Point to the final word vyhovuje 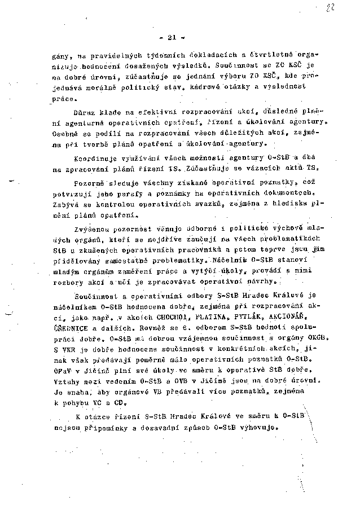point(258,427)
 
